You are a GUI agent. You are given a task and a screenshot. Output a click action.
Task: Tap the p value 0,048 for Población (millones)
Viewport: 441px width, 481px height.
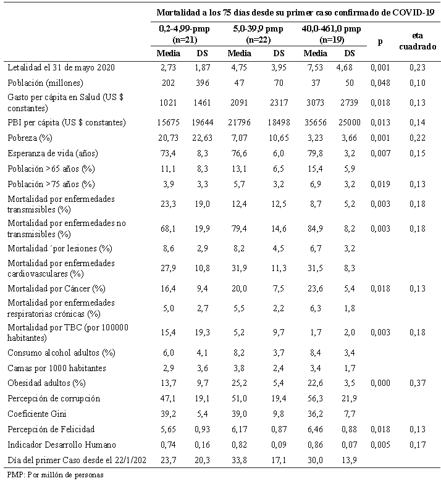[x=379, y=82]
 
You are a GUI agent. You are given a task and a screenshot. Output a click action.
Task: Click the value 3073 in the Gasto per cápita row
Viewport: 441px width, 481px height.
[x=316, y=102]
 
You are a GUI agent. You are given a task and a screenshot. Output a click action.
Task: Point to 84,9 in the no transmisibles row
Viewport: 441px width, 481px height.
[x=316, y=229]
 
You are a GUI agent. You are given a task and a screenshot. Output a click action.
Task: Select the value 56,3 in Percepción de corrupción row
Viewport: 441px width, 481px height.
[x=316, y=399]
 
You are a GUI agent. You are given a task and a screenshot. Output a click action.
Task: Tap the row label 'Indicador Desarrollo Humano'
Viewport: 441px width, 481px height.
[x=56, y=444]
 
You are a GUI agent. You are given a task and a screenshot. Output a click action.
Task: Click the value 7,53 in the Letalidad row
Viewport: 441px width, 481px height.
[x=316, y=67]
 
